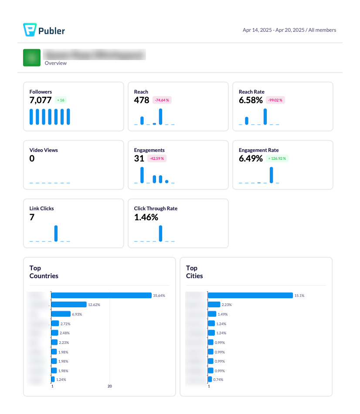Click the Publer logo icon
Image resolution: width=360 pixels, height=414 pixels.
click(x=29, y=30)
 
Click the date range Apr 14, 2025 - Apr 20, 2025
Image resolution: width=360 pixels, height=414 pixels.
click(x=273, y=30)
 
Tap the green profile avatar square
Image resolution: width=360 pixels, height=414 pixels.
click(x=32, y=57)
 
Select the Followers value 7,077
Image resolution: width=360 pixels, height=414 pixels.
click(x=41, y=100)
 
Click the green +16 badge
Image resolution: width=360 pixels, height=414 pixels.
click(x=61, y=100)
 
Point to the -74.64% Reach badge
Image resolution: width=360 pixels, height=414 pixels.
click(x=162, y=100)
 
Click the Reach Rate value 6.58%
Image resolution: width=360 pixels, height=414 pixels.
click(x=251, y=100)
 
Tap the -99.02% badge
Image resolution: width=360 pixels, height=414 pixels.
click(x=275, y=100)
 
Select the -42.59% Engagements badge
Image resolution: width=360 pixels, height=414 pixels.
click(x=157, y=158)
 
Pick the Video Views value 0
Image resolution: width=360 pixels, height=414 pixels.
click(x=32, y=158)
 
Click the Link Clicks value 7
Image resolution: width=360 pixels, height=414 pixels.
click(x=32, y=217)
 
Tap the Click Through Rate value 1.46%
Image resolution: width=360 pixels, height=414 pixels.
click(x=146, y=217)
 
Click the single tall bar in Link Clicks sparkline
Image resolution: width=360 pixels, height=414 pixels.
click(x=56, y=233)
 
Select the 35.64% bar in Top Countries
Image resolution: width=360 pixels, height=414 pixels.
click(x=101, y=295)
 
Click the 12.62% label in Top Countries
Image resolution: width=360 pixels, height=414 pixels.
click(x=94, y=305)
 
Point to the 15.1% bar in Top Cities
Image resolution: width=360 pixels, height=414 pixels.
click(x=250, y=295)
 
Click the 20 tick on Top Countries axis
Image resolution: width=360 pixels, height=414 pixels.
click(x=110, y=386)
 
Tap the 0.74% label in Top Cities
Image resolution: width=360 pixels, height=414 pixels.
click(x=218, y=380)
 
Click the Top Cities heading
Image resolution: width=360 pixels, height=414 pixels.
click(x=194, y=272)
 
